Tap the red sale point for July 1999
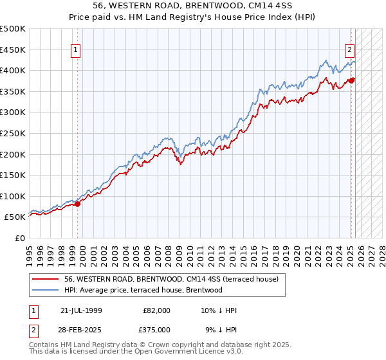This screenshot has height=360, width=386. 78,204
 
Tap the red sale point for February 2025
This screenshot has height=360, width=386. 352,80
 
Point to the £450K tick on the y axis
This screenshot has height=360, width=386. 14,50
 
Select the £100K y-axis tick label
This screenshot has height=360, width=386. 14,196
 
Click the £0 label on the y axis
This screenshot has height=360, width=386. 20,238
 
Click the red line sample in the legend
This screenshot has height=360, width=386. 45,279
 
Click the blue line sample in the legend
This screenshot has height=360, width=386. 45,290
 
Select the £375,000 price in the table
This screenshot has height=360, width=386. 157,329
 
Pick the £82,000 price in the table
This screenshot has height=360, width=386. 157,310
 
